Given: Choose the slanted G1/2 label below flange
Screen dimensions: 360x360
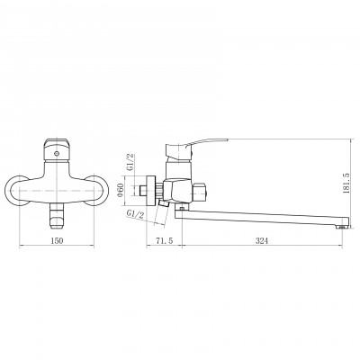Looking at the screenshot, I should click(136, 215).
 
